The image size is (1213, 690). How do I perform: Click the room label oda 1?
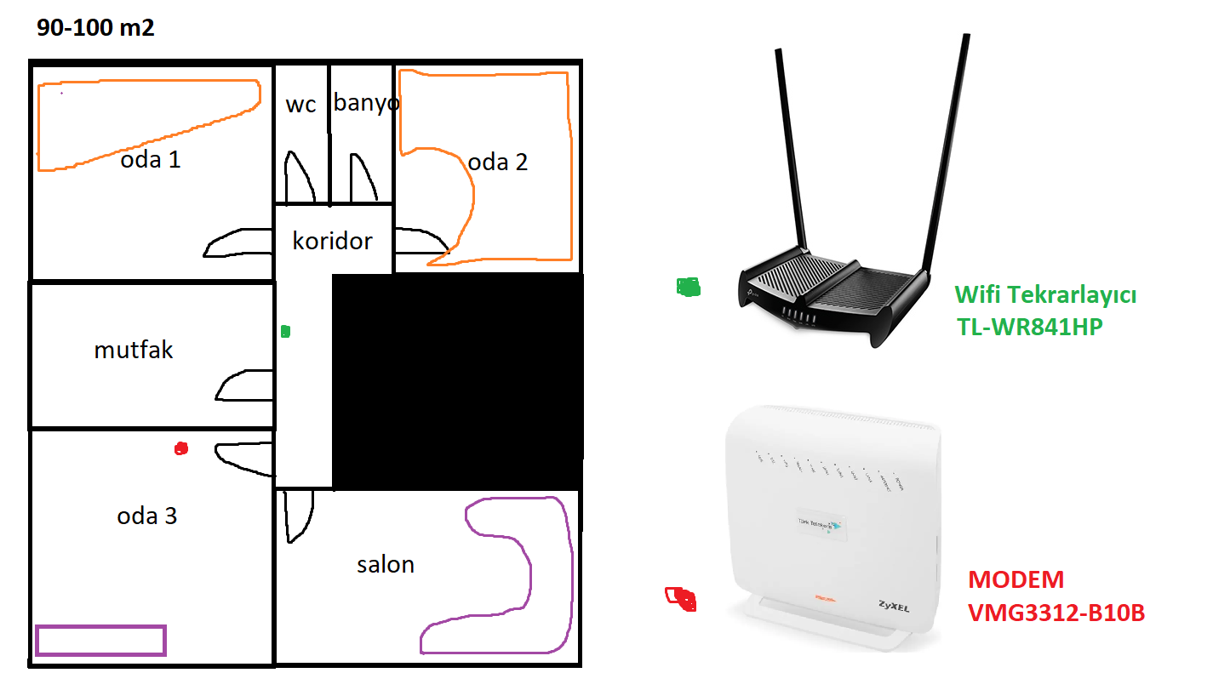tap(151, 159)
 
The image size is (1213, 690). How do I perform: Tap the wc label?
tap(300, 105)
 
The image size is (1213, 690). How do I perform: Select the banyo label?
tap(366, 103)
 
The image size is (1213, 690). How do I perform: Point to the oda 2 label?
tap(498, 162)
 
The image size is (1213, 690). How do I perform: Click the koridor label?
tap(332, 241)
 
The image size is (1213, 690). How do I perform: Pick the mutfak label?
tap(134, 350)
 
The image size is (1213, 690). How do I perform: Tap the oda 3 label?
tap(147, 516)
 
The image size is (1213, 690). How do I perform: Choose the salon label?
tap(386, 563)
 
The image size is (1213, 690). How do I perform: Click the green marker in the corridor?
tap(286, 331)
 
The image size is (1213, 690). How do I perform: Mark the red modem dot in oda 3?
tap(180, 448)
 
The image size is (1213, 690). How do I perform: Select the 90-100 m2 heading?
tap(95, 27)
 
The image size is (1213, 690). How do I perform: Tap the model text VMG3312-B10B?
tap(1056, 613)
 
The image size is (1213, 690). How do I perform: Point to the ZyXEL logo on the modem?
tap(894, 607)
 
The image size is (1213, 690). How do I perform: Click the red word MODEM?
tap(1016, 580)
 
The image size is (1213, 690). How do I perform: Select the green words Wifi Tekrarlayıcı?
tap(1045, 295)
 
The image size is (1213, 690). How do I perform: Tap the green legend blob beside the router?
tap(689, 288)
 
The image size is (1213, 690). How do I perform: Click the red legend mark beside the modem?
tap(681, 598)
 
